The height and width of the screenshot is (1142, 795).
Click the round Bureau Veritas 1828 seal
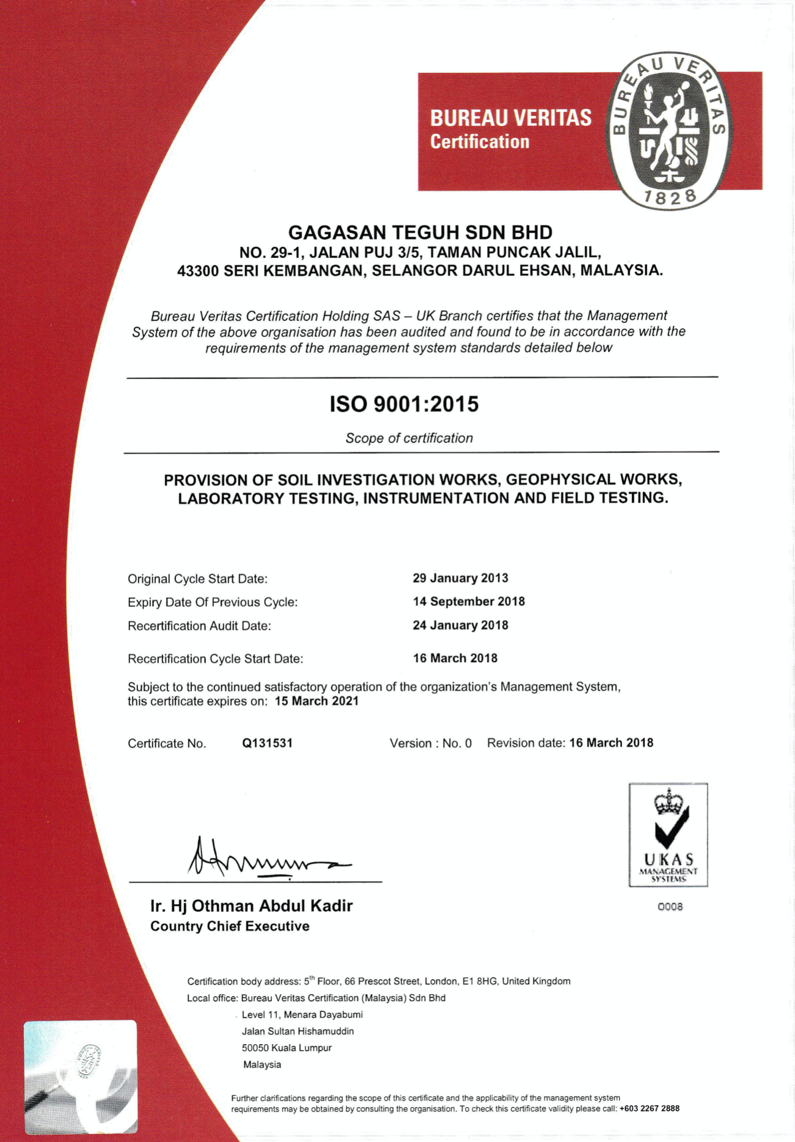click(x=669, y=130)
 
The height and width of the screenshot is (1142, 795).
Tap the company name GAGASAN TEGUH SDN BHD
click(x=420, y=233)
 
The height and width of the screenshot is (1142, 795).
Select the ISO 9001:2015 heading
click(x=404, y=405)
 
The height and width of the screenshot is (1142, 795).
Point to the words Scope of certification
click(x=409, y=438)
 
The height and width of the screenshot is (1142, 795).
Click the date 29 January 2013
click(x=460, y=578)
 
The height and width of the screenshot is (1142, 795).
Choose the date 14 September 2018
click(x=469, y=602)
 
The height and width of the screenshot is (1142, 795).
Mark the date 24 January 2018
click(x=460, y=625)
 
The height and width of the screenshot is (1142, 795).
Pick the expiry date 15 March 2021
click(x=317, y=701)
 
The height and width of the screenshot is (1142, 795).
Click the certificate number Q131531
click(x=267, y=743)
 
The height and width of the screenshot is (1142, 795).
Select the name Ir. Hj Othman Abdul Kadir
click(x=251, y=906)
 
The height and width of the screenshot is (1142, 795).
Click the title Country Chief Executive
click(x=230, y=927)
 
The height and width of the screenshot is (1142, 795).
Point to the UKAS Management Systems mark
click(x=668, y=834)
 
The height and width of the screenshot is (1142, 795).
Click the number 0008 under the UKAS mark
click(x=670, y=907)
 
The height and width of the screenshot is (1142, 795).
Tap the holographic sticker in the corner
click(x=81, y=1076)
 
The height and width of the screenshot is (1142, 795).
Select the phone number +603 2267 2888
click(x=649, y=1108)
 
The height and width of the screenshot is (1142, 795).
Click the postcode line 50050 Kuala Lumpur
click(x=287, y=1048)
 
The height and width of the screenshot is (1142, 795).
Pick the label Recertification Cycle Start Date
click(x=215, y=659)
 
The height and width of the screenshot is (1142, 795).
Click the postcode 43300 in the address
click(x=197, y=271)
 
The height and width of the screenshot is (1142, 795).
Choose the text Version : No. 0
click(x=430, y=743)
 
